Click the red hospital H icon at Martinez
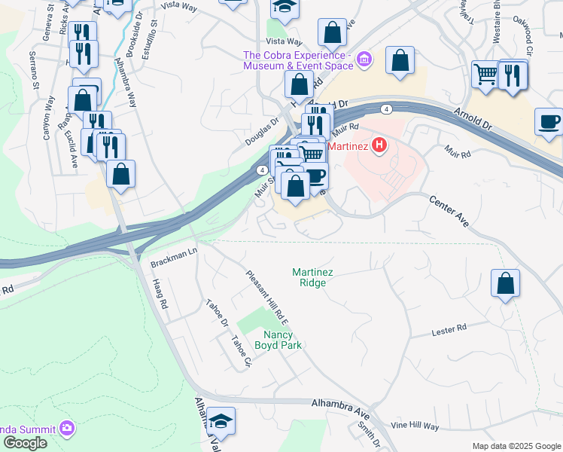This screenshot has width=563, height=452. point(380,144)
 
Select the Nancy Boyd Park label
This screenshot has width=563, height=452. point(282,340)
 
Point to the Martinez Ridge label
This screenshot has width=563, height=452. point(309,277)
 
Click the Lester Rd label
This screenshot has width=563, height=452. point(449,328)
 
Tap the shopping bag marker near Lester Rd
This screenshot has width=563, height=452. point(505,283)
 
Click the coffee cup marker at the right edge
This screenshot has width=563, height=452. point(549,121)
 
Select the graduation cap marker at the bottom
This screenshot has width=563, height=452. point(221,420)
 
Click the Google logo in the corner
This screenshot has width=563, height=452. point(25,443)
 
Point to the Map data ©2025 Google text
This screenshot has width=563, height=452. point(516,446)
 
